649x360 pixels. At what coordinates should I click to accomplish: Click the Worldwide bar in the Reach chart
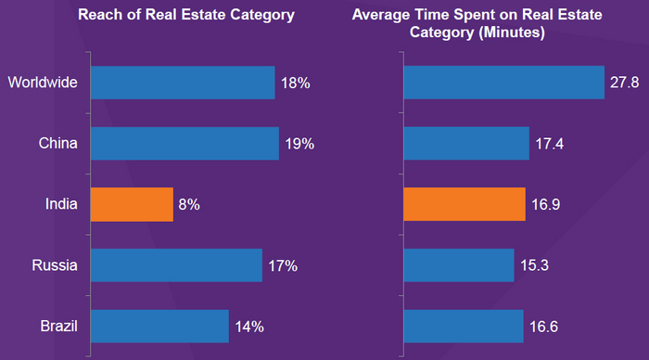point(182,83)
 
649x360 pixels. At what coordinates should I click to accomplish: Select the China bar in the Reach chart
point(184,144)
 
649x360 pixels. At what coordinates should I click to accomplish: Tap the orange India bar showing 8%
point(131,204)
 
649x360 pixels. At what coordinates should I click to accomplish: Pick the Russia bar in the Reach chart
point(175,265)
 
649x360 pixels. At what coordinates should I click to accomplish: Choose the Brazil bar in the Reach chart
point(159,326)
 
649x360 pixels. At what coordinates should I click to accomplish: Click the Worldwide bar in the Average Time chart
point(503,83)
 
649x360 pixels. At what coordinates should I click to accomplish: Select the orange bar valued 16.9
point(464,204)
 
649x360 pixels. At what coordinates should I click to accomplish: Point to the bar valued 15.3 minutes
point(458,265)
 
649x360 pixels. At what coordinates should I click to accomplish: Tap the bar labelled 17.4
point(464,144)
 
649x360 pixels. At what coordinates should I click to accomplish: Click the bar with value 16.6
point(463,326)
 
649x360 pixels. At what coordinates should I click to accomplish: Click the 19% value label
point(300,144)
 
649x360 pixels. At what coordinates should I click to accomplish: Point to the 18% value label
point(296,83)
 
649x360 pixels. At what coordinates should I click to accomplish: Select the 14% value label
point(249,326)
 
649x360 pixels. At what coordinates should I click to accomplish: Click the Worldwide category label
point(43,83)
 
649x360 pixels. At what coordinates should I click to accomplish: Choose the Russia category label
point(55,265)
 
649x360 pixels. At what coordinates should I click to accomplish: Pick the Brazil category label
point(57,326)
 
